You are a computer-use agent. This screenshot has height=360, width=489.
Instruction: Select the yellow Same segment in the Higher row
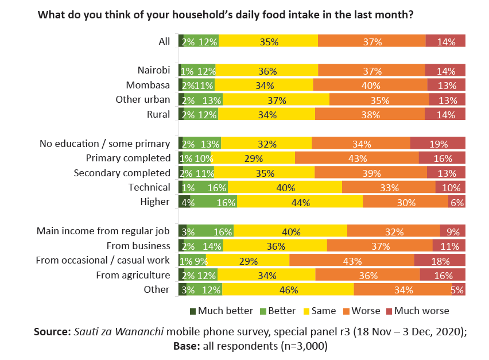coord(300,202)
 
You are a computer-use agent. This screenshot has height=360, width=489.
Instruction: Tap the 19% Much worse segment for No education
coord(438,144)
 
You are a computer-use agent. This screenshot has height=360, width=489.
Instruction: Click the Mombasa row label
coord(148,85)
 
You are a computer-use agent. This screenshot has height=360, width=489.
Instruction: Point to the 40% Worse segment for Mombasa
coord(370,86)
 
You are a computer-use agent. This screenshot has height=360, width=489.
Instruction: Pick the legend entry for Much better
coord(222,311)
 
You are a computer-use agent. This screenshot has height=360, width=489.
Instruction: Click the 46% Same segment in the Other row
coord(288,290)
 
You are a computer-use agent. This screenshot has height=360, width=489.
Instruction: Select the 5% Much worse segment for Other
coord(457,290)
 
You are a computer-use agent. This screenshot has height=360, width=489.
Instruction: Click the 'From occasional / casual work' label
coord(103,260)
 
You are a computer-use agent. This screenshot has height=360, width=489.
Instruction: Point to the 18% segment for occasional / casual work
coord(440,261)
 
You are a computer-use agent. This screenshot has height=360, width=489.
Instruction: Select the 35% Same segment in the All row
coord(268,41)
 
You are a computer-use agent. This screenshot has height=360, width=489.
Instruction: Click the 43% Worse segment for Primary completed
coord(356,158)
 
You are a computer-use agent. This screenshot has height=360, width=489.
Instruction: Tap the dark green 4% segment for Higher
coord(184,202)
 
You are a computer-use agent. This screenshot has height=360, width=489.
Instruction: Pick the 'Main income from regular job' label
coord(103,231)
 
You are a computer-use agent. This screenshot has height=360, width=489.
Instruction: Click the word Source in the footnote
coord(52,332)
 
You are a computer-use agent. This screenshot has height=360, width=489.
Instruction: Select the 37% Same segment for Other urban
coord(276,100)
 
